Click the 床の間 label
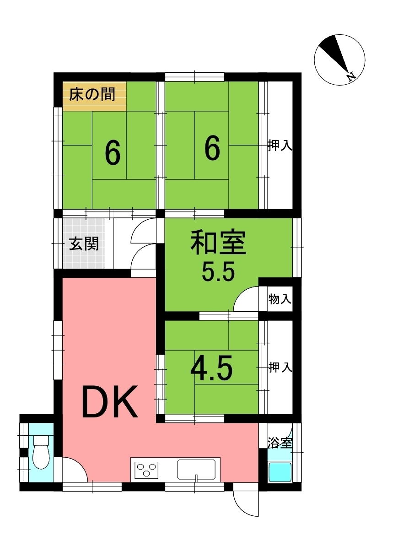pos(92,94)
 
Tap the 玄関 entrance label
pos(84,243)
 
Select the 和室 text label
pos(219,243)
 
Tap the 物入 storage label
pos(280,299)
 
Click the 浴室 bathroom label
pos(280,443)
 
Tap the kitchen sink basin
pos(196,470)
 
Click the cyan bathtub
pos(280,472)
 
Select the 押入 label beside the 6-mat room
pos(280,146)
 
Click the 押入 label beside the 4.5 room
pos(280,367)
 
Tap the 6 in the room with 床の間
pos(113,153)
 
